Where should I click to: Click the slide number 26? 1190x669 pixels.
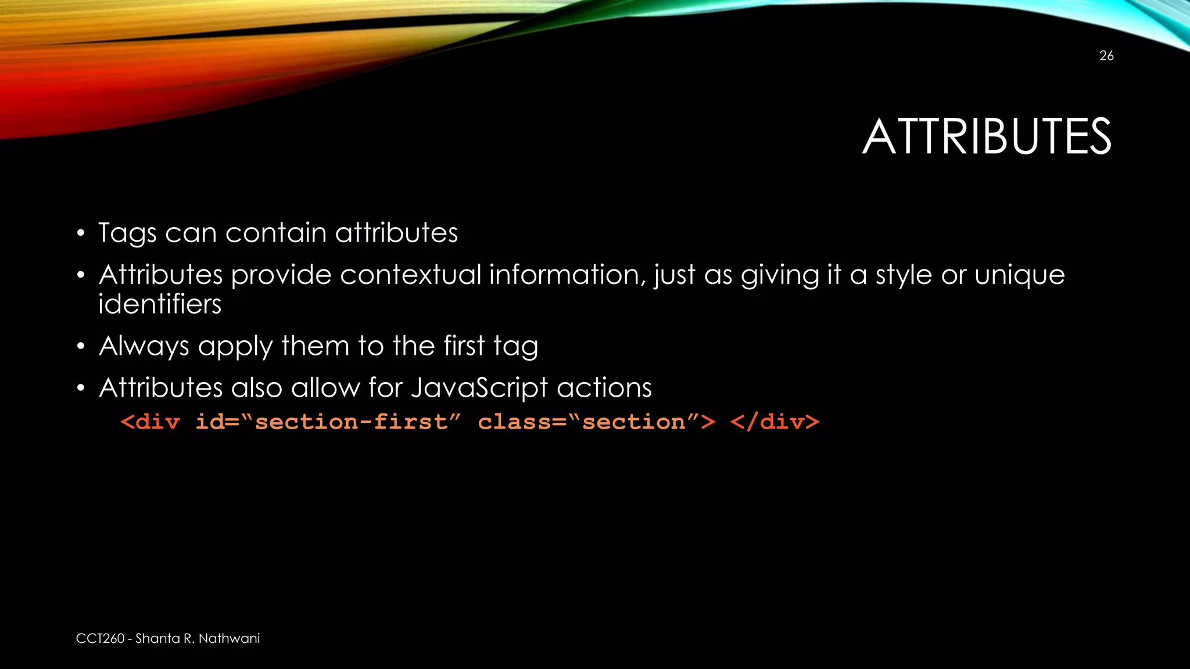click(1106, 56)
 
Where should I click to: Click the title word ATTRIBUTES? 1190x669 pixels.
click(987, 137)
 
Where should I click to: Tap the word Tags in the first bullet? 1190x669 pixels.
click(127, 233)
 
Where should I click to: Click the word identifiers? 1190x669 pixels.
click(160, 304)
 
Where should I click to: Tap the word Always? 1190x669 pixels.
click(144, 347)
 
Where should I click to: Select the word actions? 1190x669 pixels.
click(604, 388)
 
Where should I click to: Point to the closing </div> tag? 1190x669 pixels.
click(775, 422)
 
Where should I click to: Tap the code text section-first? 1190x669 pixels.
click(352, 422)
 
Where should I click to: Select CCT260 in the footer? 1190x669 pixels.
click(100, 639)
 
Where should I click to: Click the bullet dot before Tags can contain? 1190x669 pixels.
click(81, 234)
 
